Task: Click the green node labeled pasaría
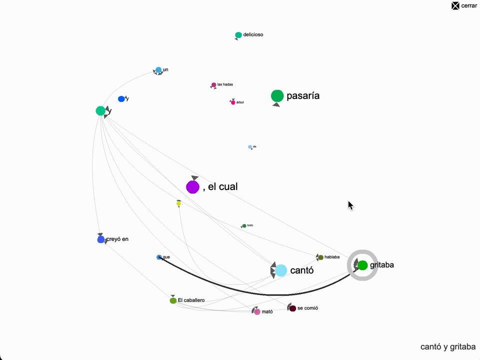click(x=277, y=96)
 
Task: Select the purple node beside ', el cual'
click(x=193, y=187)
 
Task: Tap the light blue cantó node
click(x=281, y=270)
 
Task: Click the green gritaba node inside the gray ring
click(x=363, y=265)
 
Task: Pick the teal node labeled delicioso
click(x=238, y=35)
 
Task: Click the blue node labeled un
click(x=158, y=70)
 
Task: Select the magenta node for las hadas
click(x=213, y=85)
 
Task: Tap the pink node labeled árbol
click(x=233, y=102)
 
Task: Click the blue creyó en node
click(x=100, y=239)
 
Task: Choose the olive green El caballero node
click(x=173, y=300)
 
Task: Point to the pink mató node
click(x=257, y=311)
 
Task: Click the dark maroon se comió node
click(x=292, y=308)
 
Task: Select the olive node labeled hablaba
click(x=321, y=257)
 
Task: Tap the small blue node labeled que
click(x=159, y=257)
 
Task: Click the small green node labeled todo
click(x=244, y=226)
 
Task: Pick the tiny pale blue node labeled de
click(x=250, y=147)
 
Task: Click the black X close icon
click(x=455, y=6)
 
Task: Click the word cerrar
click(x=468, y=6)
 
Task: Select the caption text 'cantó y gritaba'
click(x=448, y=346)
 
